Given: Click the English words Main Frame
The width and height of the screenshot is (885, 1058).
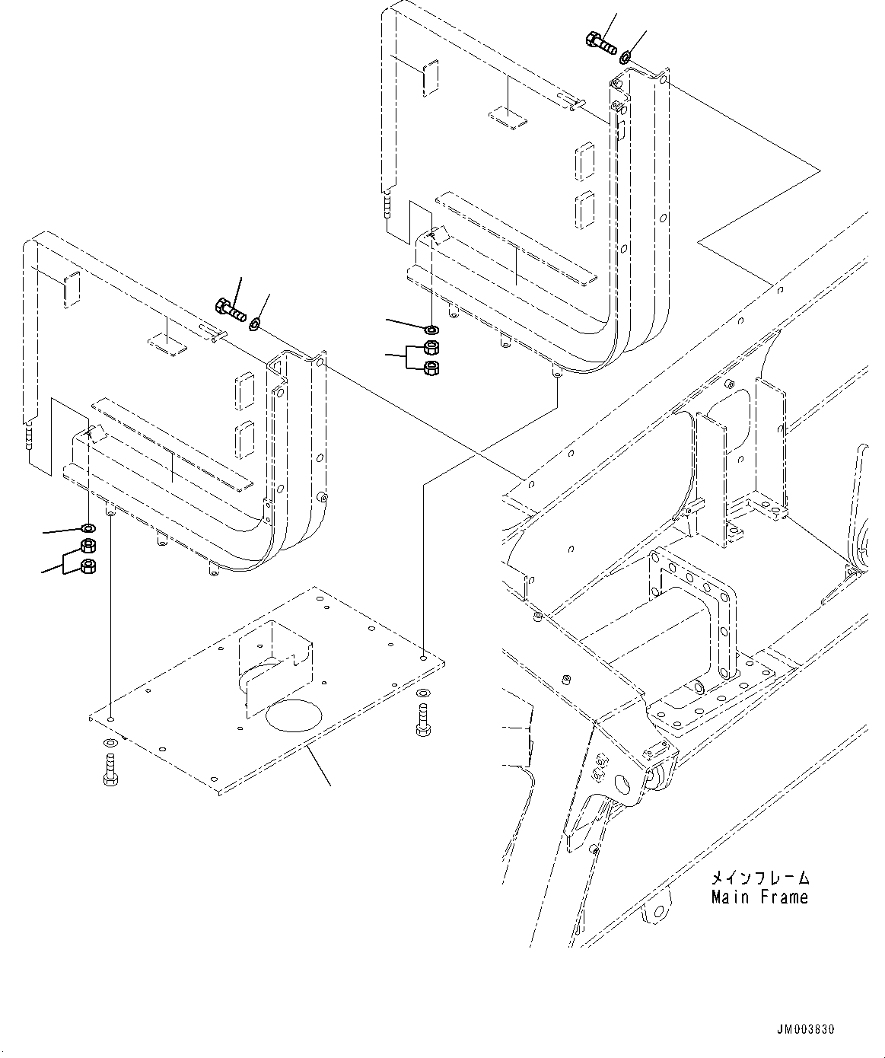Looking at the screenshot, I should click(759, 897).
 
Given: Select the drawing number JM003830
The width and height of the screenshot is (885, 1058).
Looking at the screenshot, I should click(805, 1030).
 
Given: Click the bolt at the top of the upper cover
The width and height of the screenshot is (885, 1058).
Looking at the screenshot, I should click(600, 42).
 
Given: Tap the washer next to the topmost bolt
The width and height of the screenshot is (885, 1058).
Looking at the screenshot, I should click(625, 57).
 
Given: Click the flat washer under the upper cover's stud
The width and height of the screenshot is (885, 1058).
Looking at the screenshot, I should click(431, 330).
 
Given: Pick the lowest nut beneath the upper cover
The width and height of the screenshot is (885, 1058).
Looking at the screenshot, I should click(430, 368).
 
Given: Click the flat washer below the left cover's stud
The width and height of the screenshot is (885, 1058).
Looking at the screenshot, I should click(89, 528).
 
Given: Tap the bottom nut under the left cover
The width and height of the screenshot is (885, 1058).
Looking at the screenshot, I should click(88, 566).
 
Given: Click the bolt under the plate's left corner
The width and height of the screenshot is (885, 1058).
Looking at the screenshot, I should click(109, 767).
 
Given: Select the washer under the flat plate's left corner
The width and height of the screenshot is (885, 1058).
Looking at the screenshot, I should click(109, 743).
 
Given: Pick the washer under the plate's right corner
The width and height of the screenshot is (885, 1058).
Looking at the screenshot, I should click(423, 694).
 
